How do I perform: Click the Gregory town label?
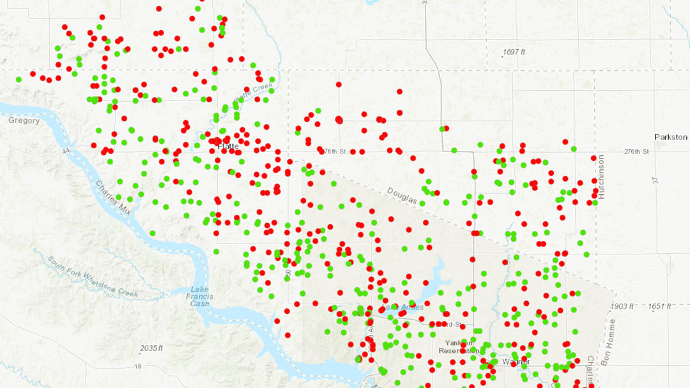tap(24, 120)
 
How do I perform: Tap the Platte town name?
tap(227, 146)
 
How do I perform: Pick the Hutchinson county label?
tap(601, 177)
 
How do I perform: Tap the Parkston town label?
tap(670, 137)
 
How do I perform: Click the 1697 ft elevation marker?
tap(514, 52)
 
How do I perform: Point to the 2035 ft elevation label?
tap(151, 348)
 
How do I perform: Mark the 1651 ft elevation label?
tap(661, 306)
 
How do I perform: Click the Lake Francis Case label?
tap(199, 297)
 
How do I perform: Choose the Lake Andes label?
tap(402, 307)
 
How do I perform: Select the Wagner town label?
tap(516, 362)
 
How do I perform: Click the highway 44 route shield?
tap(66, 150)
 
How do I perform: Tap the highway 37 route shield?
tap(655, 181)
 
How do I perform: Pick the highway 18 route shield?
tap(138, 366)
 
